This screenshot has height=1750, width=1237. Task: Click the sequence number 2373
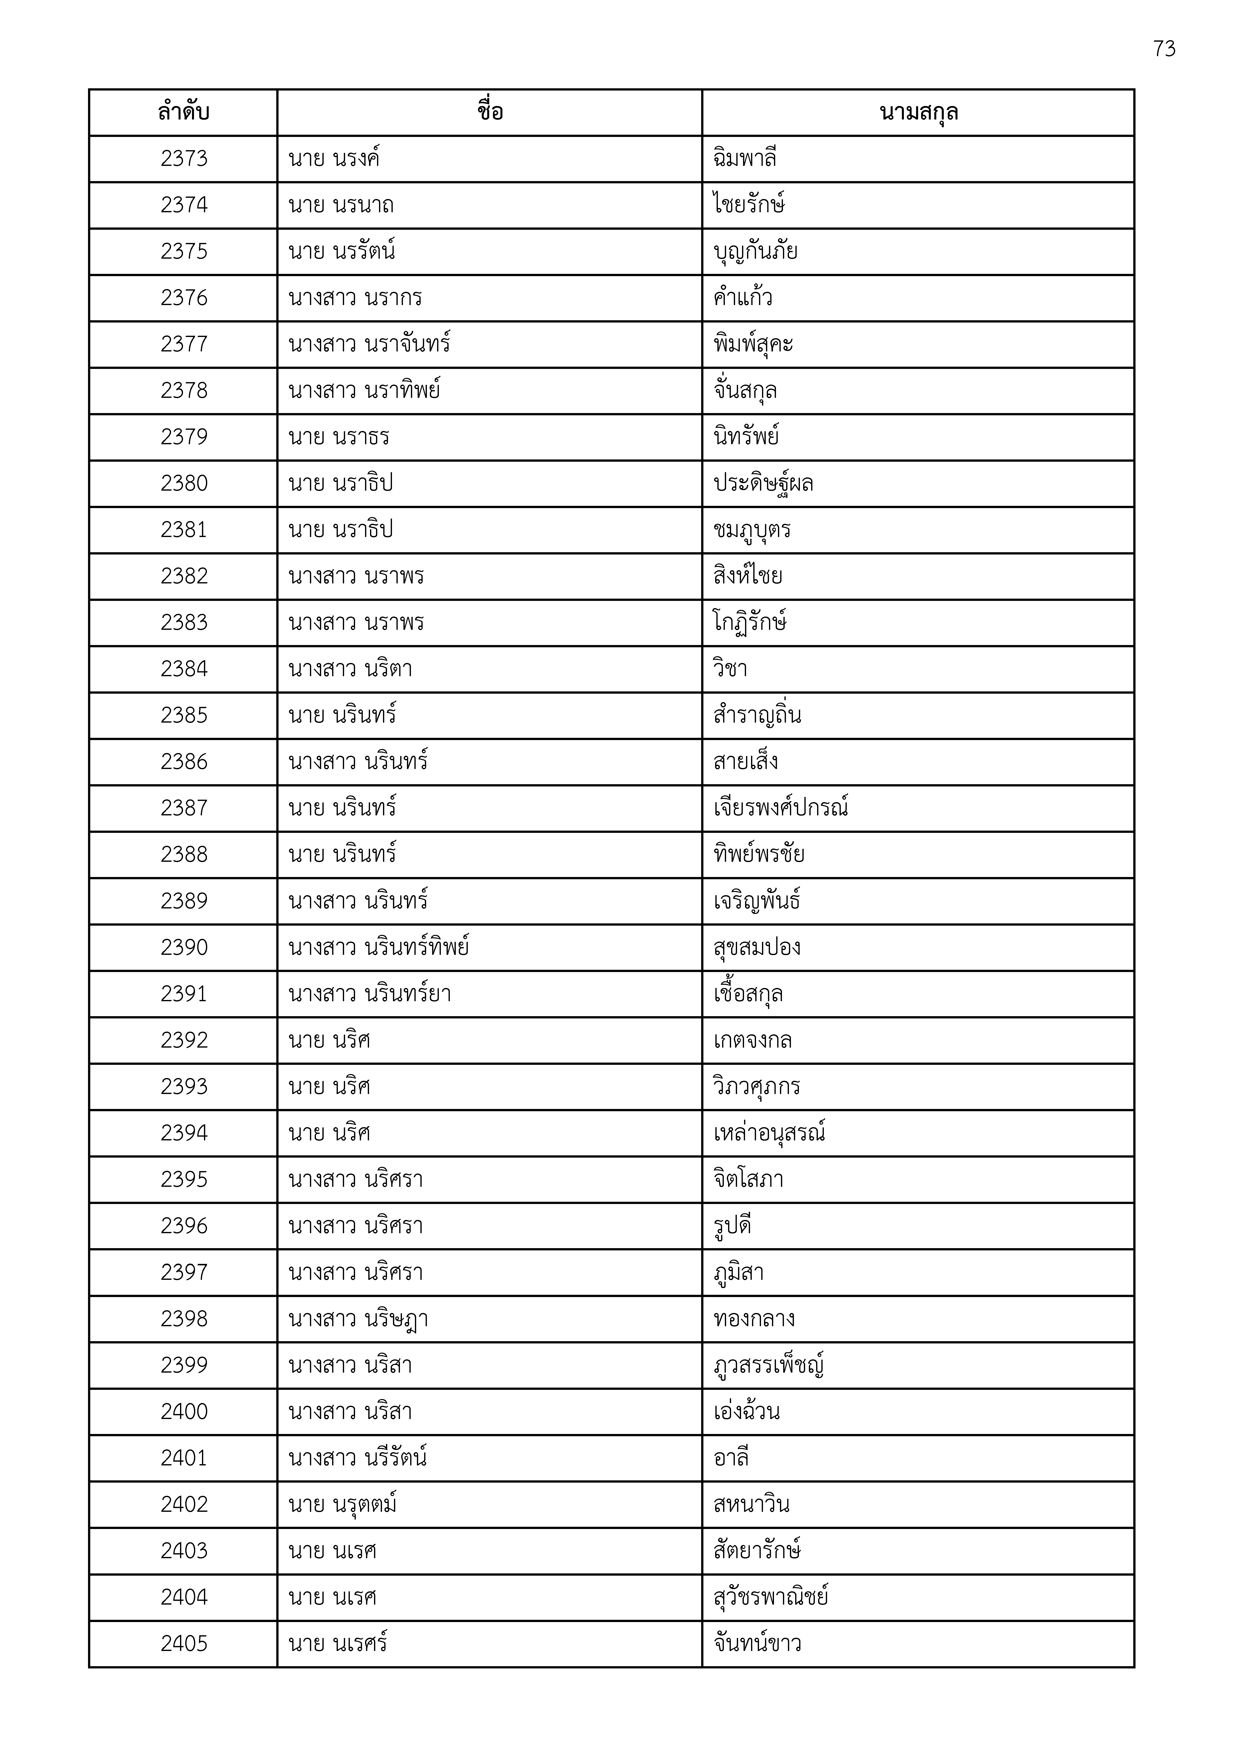[184, 159]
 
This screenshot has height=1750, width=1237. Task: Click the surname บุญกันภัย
[755, 251]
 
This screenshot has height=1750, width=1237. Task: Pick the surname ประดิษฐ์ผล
[763, 483]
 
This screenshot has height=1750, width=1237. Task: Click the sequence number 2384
[184, 669]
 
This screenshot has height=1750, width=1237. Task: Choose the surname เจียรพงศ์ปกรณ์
[780, 808]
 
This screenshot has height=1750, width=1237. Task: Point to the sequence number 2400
[184, 1412]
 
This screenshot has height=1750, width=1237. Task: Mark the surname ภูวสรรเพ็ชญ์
[768, 1365]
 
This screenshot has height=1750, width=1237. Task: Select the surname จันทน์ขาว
[757, 1644]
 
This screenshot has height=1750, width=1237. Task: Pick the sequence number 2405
[184, 1644]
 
